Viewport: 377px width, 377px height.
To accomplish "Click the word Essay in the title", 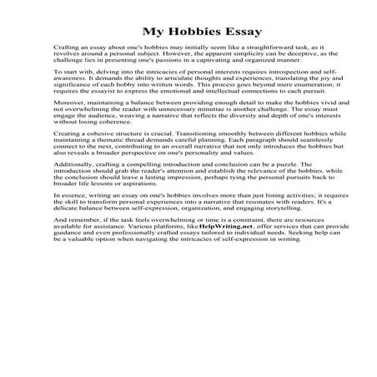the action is (x=239, y=33).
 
